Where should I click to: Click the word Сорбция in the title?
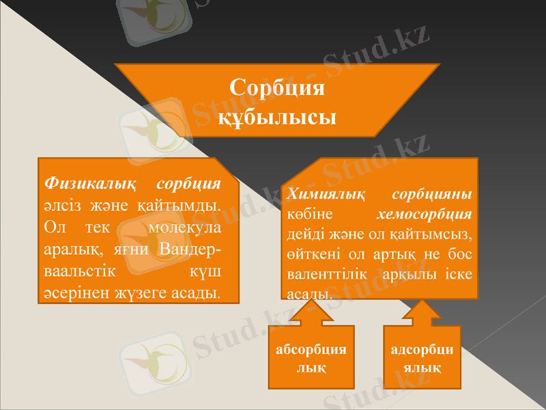[x=276, y=89]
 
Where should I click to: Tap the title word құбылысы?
[x=276, y=116]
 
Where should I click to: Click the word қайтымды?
[x=186, y=204]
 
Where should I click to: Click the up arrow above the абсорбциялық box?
[x=311, y=316]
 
